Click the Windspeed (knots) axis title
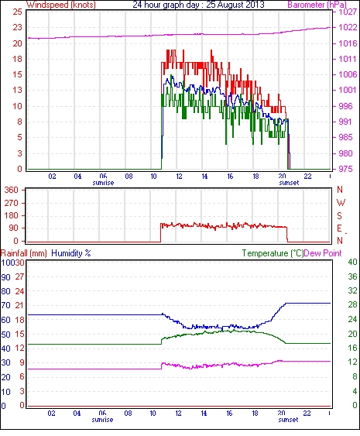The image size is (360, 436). coord(61,5)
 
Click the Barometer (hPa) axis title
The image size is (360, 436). coord(317,5)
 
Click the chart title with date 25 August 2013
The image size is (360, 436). coord(198,5)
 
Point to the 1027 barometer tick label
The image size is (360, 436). coord(348,12)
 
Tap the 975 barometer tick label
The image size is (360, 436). coord(345,169)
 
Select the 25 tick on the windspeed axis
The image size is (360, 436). coord(17,12)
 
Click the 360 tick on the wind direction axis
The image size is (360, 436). coord(12,191)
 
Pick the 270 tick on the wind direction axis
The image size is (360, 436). coord(12,203)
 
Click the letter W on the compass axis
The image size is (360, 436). coord(341,203)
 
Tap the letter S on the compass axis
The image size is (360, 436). coord(339,215)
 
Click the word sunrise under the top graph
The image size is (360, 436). coord(103,183)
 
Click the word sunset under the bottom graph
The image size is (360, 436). coord(288,420)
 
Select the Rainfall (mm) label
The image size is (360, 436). coord(24,253)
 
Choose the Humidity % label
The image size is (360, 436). coord(71,253)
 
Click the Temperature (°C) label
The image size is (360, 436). coord(273,253)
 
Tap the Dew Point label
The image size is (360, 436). coord(323,253)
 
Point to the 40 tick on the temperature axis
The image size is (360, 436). coord(352,262)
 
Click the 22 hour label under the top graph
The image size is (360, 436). coord(307,177)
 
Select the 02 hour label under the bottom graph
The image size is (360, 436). coord(51,414)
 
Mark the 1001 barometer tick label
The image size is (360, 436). coord(348,90)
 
